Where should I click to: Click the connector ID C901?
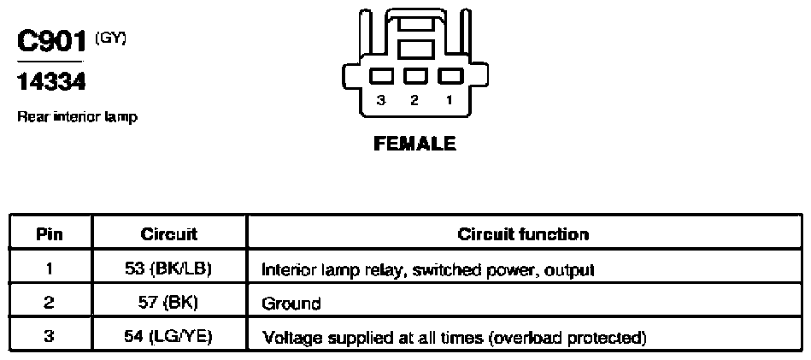(x=50, y=41)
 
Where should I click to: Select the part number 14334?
(x=50, y=82)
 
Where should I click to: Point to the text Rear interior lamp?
(x=78, y=117)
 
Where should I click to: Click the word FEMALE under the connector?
(x=414, y=144)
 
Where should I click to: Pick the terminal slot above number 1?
(x=450, y=76)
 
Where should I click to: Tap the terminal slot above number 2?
(x=415, y=76)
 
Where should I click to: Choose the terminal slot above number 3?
(x=382, y=76)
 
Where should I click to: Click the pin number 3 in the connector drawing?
(x=381, y=100)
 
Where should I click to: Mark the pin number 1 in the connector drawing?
(x=450, y=100)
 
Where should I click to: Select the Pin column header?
(x=50, y=235)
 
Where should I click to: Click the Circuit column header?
(x=168, y=235)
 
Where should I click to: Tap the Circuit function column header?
(x=523, y=235)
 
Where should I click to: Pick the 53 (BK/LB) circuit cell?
(x=168, y=269)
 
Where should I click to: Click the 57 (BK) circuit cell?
(x=168, y=303)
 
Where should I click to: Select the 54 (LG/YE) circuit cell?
(x=168, y=338)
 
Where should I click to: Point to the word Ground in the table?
(x=291, y=303)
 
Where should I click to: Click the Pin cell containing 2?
(x=50, y=303)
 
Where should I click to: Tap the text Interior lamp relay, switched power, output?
(x=428, y=270)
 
